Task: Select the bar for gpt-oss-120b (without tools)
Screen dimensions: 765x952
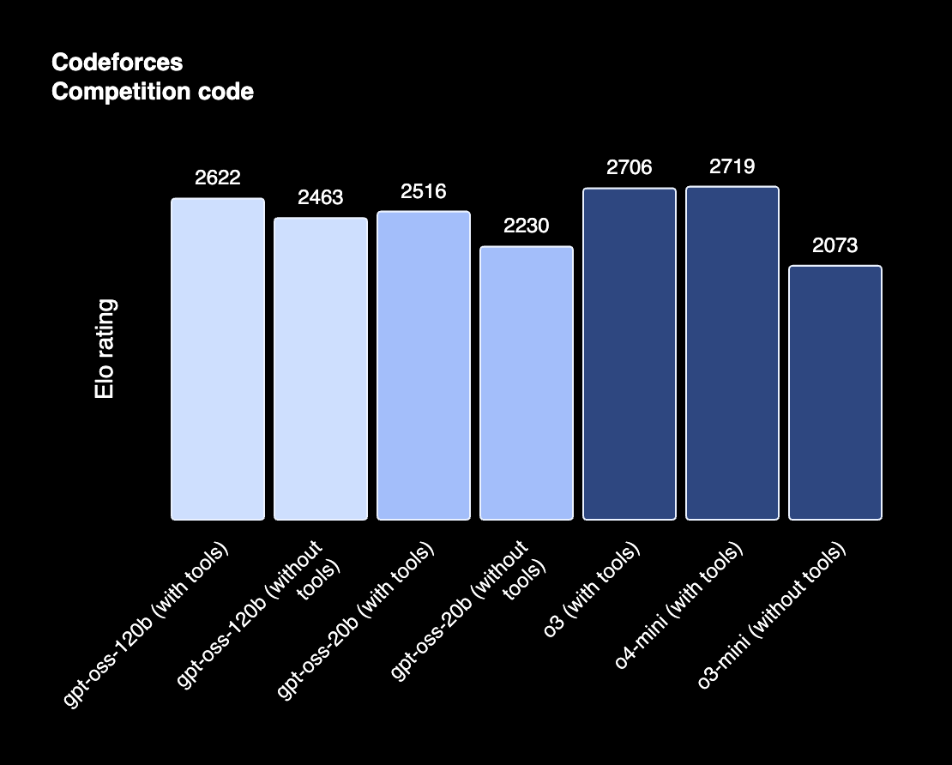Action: tap(321, 369)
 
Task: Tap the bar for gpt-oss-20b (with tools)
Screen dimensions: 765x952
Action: tap(424, 365)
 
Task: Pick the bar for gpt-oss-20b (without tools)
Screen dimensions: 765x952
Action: tap(527, 382)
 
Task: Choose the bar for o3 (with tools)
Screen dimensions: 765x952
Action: tap(630, 353)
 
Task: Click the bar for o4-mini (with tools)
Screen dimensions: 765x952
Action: tap(732, 352)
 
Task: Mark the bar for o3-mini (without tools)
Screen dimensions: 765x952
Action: tap(835, 392)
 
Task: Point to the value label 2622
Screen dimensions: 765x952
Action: tap(218, 178)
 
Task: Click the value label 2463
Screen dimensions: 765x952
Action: tap(321, 197)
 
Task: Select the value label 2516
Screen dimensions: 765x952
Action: tap(424, 190)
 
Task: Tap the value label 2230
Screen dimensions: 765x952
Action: tap(527, 226)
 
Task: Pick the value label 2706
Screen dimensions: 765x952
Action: tap(630, 167)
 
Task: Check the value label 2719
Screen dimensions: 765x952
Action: tap(732, 166)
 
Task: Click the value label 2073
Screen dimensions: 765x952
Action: tap(835, 245)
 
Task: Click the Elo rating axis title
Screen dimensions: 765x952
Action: tap(105, 349)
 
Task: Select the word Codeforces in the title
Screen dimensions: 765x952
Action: tap(117, 63)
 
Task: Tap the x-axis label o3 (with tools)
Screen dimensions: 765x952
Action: tap(593, 591)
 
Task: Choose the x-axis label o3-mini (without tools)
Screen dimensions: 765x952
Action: tap(773, 616)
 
